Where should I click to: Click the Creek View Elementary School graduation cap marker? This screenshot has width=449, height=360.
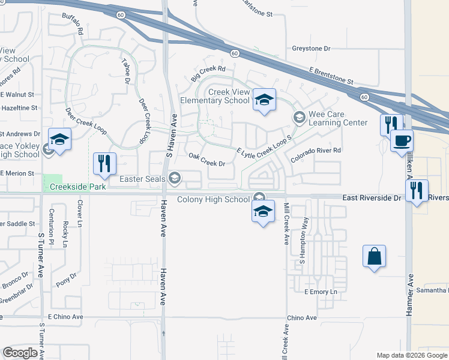pyautogui.click(x=263, y=100)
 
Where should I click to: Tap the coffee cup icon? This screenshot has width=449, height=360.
pyautogui.click(x=402, y=141)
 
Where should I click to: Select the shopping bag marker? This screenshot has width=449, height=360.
pyautogui.click(x=374, y=256)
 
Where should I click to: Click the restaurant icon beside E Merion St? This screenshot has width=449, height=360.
pyautogui.click(x=105, y=164)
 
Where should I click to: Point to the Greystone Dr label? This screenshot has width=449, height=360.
pyautogui.click(x=311, y=48)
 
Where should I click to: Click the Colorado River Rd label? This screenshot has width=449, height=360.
pyautogui.click(x=315, y=155)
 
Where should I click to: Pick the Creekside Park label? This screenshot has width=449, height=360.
pyautogui.click(x=77, y=187)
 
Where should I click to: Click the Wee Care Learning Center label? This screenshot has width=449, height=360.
pyautogui.click(x=337, y=118)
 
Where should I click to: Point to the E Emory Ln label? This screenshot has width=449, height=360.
pyautogui.click(x=321, y=292)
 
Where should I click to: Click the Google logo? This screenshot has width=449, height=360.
pyautogui.click(x=20, y=353)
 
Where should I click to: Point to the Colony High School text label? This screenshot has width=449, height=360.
pyautogui.click(x=213, y=199)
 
